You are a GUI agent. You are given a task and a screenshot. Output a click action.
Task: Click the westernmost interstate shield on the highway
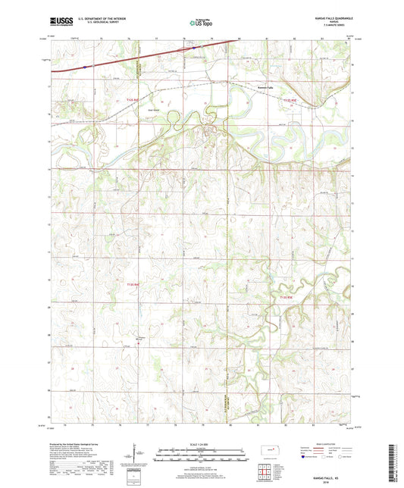pos(85,66)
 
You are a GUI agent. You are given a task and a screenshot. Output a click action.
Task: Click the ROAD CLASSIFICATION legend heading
pos(325,443)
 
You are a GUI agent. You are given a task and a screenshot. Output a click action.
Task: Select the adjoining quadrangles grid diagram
pos(265,474)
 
